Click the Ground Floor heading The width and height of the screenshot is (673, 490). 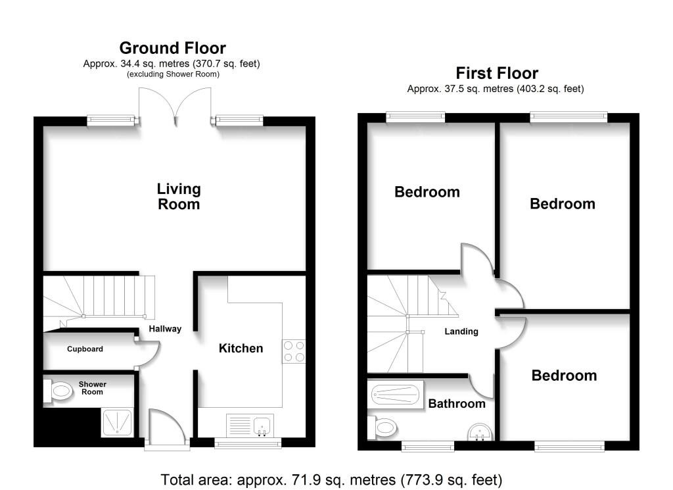point(173,47)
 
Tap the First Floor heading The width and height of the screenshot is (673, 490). point(497,73)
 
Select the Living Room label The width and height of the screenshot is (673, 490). point(179,196)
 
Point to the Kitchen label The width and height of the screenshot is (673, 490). point(241,348)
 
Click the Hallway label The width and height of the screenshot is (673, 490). point(165,329)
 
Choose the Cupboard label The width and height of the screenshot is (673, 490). point(85,349)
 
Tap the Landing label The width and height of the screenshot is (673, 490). point(461,331)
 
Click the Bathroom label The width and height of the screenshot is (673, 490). point(457,404)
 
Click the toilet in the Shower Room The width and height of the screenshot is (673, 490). point(58,391)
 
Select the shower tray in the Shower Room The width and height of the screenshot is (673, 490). point(117,422)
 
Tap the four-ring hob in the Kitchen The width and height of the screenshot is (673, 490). point(294,351)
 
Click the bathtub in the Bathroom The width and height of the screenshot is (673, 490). point(395,394)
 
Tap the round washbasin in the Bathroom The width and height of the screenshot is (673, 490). point(480,432)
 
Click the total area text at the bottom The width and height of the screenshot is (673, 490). point(331,479)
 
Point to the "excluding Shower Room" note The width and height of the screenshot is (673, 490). point(173,74)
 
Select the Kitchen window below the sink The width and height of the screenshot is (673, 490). point(248,443)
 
